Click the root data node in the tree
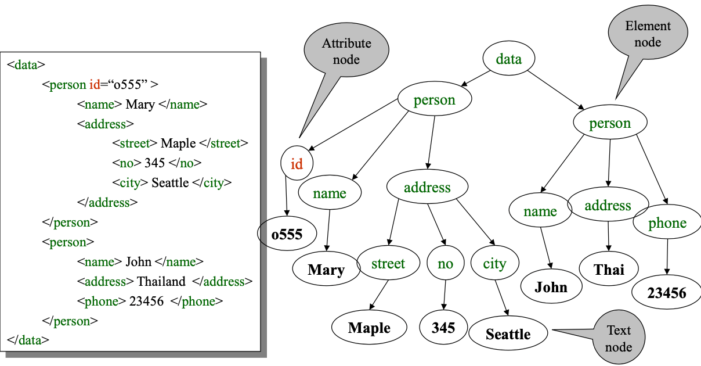click(508, 59)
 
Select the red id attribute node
click(297, 164)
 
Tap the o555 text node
click(287, 234)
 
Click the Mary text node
click(326, 270)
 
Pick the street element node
click(388, 264)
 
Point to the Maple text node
click(369, 328)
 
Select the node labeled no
click(445, 264)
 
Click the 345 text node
click(443, 328)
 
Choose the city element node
click(494, 264)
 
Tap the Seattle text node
click(508, 334)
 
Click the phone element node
click(667, 223)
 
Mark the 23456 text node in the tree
click(667, 293)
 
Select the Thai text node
click(609, 269)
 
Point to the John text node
click(551, 287)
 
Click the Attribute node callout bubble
click(346, 51)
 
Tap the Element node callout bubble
click(648, 34)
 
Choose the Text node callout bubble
click(618, 338)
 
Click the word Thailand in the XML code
click(161, 282)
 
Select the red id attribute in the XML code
click(94, 85)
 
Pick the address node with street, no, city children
click(427, 188)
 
